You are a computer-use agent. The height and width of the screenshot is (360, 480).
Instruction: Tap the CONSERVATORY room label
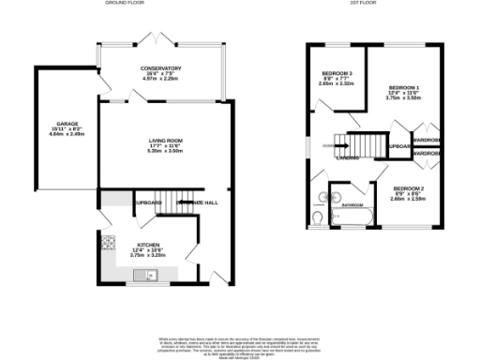[x=161, y=68]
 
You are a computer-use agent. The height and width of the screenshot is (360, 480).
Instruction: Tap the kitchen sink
[x=147, y=274]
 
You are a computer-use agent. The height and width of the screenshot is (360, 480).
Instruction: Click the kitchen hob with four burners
[x=109, y=245]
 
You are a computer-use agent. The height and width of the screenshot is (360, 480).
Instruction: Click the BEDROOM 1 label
[x=404, y=86]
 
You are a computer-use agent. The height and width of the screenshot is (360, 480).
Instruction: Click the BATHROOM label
[x=352, y=204]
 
